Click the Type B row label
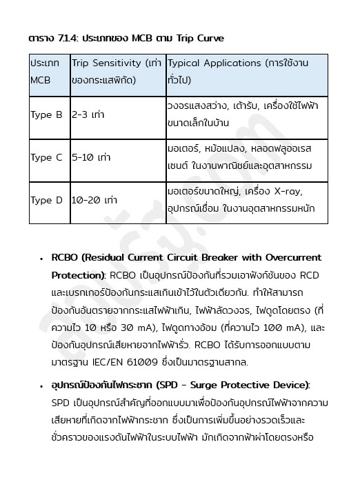tap(46, 115)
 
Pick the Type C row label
tap(46, 157)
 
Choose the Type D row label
tap(46, 200)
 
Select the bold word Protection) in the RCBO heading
tap(79, 274)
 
